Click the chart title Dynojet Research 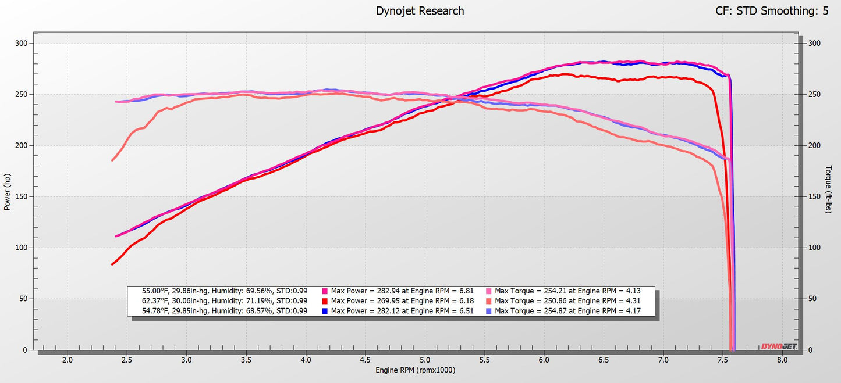pos(420,10)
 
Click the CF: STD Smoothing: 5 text pos(771,10)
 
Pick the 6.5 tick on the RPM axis pos(604,360)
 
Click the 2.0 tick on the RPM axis pos(68,360)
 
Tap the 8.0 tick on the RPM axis pos(782,360)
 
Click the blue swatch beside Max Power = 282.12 pos(325,311)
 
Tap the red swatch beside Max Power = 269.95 pos(325,300)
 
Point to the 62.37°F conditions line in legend pos(225,300)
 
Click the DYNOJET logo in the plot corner pos(779,347)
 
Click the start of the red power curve pos(112,264)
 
